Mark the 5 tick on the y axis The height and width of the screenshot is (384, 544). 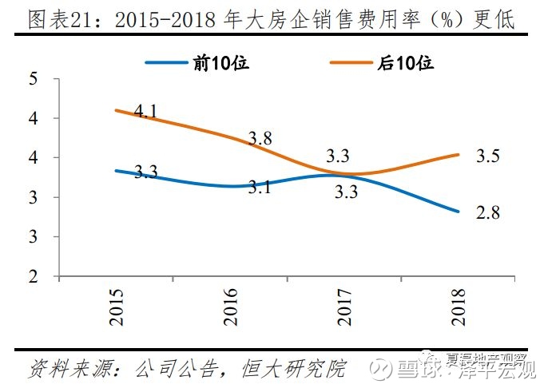33,79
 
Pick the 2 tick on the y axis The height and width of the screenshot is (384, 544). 33,277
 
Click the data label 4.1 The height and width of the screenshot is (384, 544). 145,111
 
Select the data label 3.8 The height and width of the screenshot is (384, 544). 260,138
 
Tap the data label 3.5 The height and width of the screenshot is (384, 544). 486,156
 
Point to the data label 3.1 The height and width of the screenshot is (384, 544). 260,188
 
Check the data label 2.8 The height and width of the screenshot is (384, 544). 486,214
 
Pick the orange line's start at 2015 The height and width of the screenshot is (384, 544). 117,110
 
